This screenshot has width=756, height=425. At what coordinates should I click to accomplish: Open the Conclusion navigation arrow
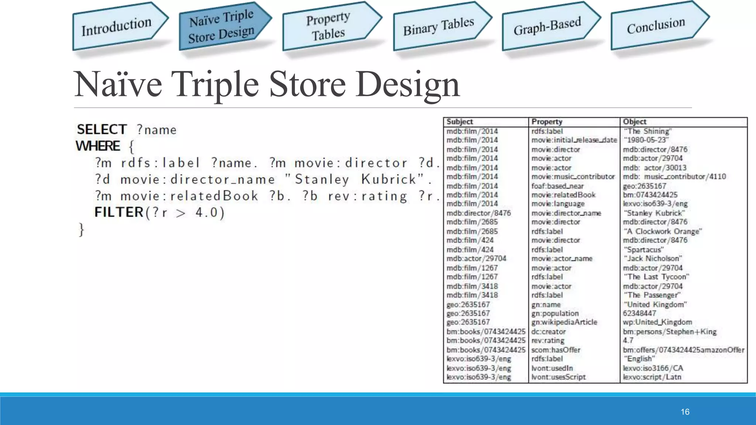[656, 25]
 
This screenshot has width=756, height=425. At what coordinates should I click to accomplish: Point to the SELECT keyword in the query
[102, 129]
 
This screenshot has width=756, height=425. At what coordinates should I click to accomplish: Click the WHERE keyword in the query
[98, 146]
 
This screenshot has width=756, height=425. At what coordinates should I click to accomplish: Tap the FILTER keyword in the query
[119, 212]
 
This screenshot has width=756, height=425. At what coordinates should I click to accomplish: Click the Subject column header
[460, 122]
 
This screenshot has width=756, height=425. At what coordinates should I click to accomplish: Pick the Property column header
[547, 122]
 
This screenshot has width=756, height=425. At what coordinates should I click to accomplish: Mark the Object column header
[635, 122]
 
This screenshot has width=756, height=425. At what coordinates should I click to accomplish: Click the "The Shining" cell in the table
[647, 131]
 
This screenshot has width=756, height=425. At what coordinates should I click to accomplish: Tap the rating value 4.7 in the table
[628, 341]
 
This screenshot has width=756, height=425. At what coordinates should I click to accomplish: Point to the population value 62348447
[639, 313]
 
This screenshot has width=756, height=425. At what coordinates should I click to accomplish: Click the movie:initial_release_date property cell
[574, 140]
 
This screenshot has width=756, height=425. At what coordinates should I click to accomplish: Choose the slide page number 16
[685, 412]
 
